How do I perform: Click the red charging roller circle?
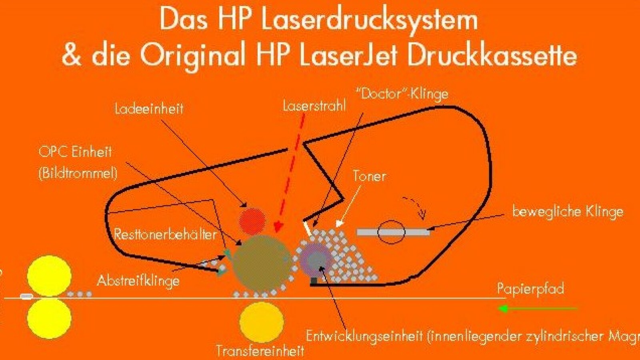(x=252, y=221)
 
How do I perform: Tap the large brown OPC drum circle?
(x=261, y=262)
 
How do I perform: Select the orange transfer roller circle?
(x=261, y=322)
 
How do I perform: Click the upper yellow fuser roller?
(x=49, y=276)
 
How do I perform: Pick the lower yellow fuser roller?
(x=49, y=318)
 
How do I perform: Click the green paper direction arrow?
(x=538, y=309)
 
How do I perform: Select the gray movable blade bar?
(x=393, y=232)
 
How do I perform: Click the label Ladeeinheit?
(x=149, y=109)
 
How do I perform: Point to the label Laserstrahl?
(x=314, y=106)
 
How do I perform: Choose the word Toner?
(x=369, y=176)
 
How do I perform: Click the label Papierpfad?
(x=530, y=289)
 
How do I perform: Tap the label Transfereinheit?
(x=260, y=351)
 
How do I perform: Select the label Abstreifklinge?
(x=138, y=280)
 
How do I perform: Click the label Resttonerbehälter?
(x=165, y=234)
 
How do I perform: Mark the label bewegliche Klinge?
(x=568, y=211)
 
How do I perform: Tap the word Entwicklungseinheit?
(x=364, y=336)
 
